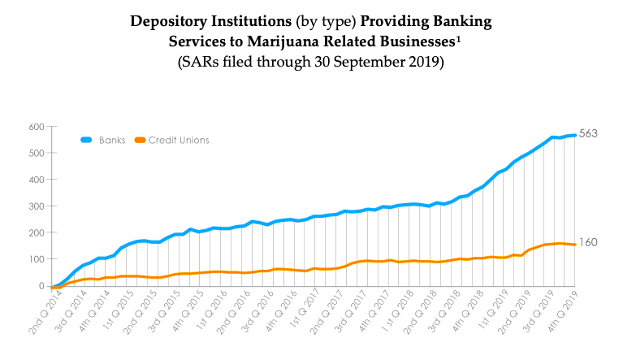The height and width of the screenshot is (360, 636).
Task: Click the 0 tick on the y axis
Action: (x=40, y=286)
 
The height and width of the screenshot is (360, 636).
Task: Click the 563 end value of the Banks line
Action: (x=589, y=134)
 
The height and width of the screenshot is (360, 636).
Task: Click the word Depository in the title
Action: (x=172, y=20)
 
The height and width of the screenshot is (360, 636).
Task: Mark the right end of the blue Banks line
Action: (x=575, y=135)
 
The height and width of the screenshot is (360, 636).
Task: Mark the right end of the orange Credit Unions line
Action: (x=575, y=245)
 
